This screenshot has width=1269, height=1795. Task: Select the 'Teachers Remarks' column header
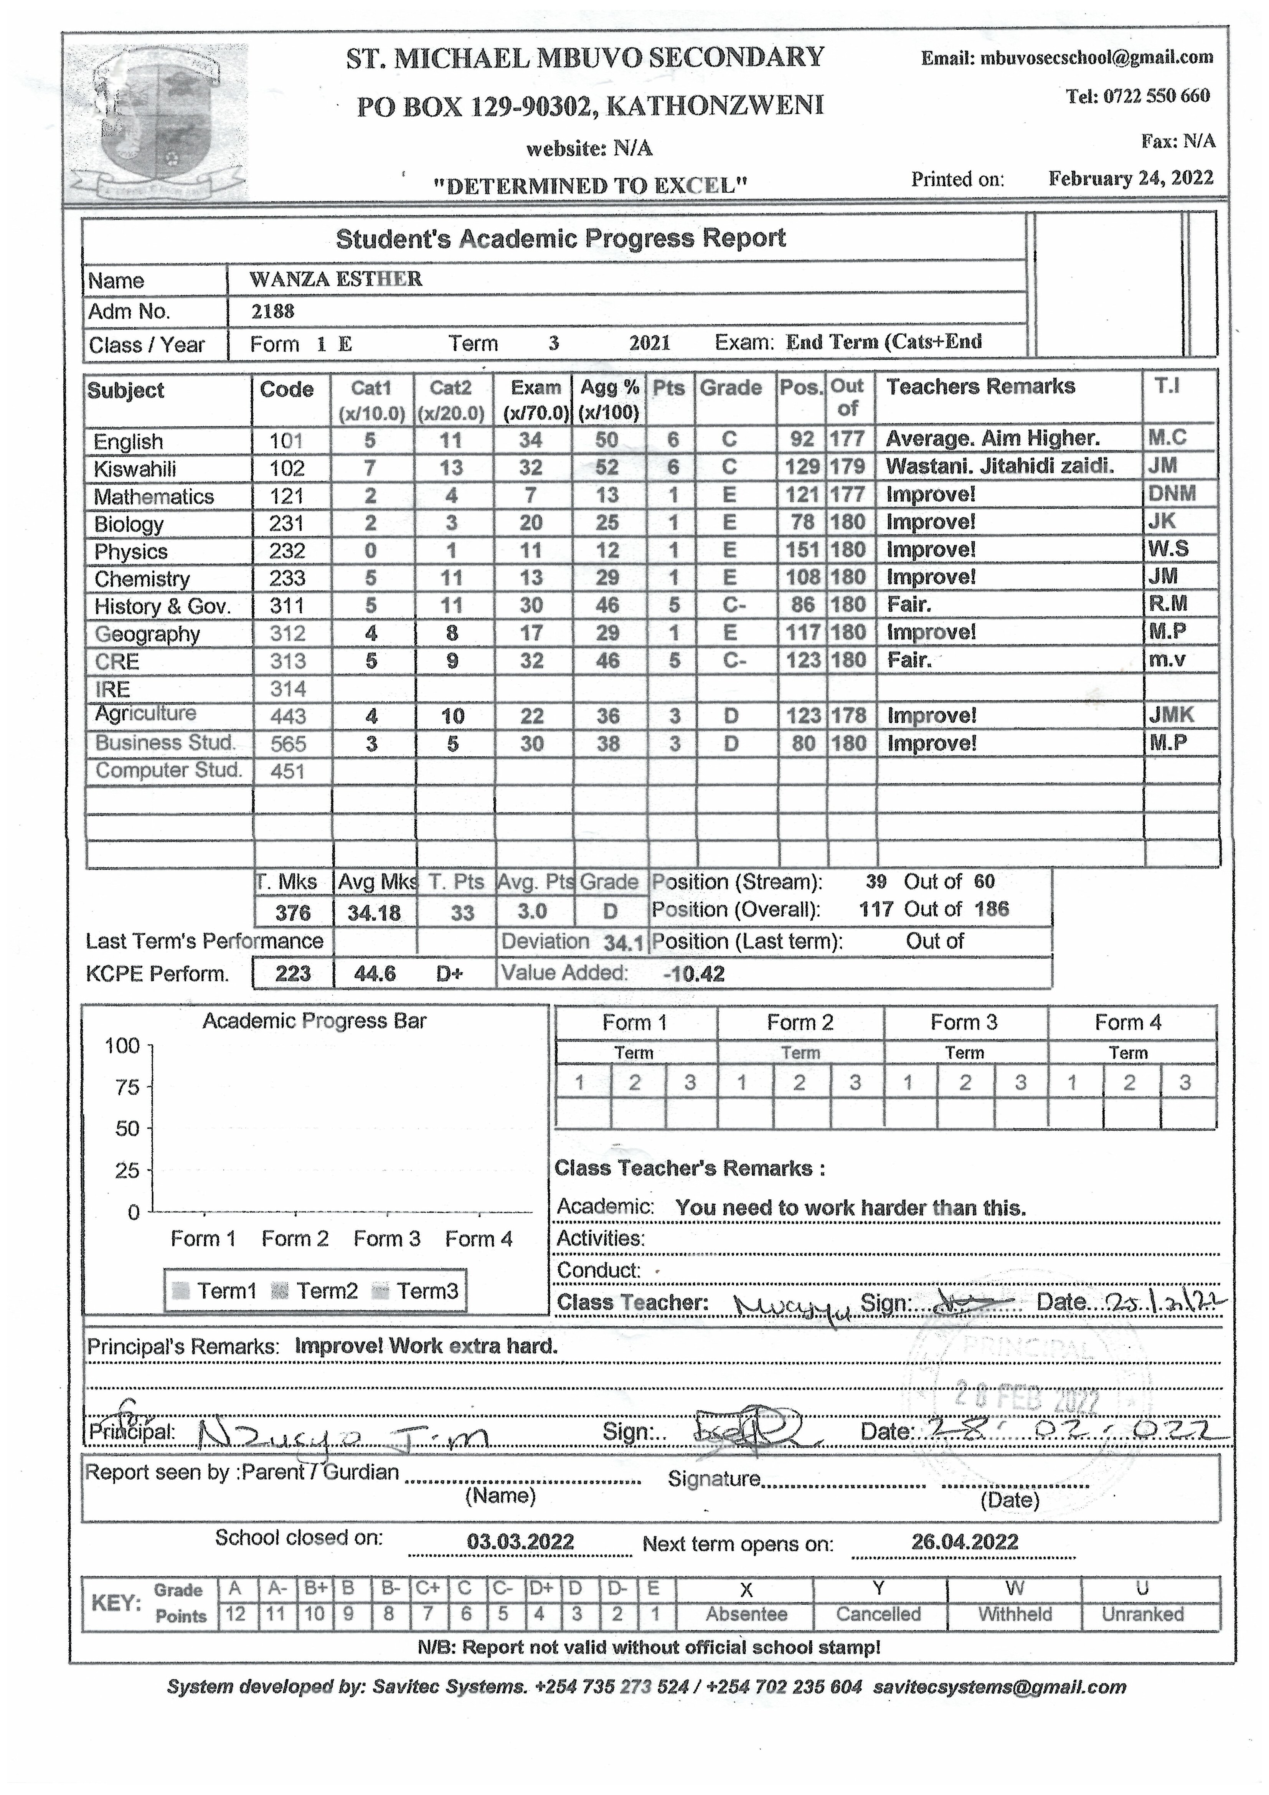980,387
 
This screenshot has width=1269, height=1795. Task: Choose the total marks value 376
293,912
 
